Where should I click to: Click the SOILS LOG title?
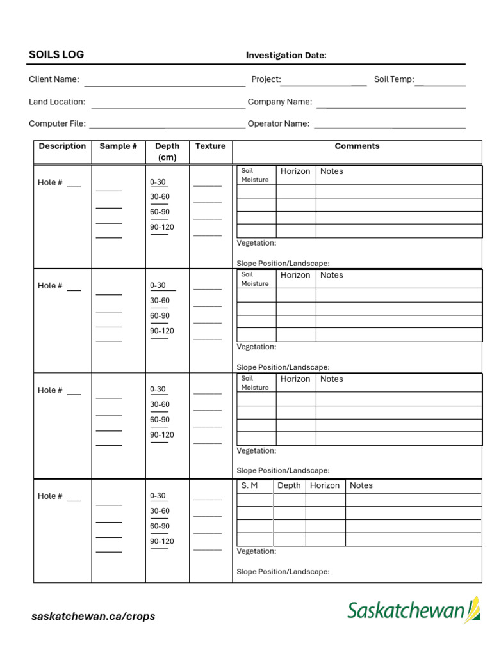pyautogui.click(x=56, y=54)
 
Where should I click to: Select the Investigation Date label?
pyautogui.click(x=286, y=56)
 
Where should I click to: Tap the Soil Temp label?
pyautogui.click(x=394, y=79)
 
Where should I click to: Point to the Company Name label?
pyautogui.click(x=280, y=102)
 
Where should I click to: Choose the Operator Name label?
pyautogui.click(x=278, y=123)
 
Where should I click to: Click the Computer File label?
pyautogui.click(x=57, y=123)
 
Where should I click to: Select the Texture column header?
pyautogui.click(x=210, y=146)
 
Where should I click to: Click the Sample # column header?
pyautogui.click(x=118, y=146)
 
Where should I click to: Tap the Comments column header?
pyautogui.click(x=357, y=146)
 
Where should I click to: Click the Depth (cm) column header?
pyautogui.click(x=167, y=152)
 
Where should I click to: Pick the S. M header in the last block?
pyautogui.click(x=249, y=485)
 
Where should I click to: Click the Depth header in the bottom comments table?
pyautogui.click(x=289, y=485)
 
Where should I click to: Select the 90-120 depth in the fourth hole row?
pyautogui.click(x=162, y=541)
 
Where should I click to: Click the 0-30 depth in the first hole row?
pyautogui.click(x=158, y=182)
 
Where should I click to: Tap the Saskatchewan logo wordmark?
pyautogui.click(x=406, y=610)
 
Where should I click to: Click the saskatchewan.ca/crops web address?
pyautogui.click(x=94, y=617)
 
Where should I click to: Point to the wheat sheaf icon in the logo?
pyautogui.click(x=474, y=609)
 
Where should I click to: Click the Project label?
pyautogui.click(x=266, y=79)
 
